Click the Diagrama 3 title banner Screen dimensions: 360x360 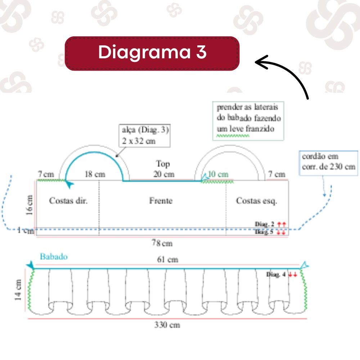click(152, 53)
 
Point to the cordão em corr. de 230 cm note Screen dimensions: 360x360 click(328, 162)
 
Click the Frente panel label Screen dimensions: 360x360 click(161, 201)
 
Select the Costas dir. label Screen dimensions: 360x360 click(68, 201)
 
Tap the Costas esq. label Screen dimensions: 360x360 click(256, 201)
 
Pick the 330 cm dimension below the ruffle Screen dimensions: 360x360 click(167, 325)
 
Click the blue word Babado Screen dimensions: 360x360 click(54, 257)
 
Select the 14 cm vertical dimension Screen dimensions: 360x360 click(19, 290)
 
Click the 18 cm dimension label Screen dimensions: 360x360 click(95, 174)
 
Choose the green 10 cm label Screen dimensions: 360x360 click(218, 174)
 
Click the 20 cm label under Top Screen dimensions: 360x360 click(163, 174)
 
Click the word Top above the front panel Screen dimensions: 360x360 click(163, 164)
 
